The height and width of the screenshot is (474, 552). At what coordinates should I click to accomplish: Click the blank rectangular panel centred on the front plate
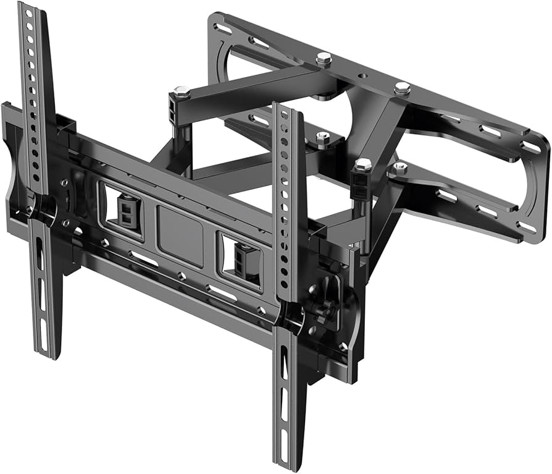coord(180,227)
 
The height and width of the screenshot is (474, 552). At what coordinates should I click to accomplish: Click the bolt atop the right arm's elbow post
coord(364,165)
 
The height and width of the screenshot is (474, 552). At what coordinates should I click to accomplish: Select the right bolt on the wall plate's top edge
coord(402,88)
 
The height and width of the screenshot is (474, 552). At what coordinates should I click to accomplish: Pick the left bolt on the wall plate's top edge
coord(324,58)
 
